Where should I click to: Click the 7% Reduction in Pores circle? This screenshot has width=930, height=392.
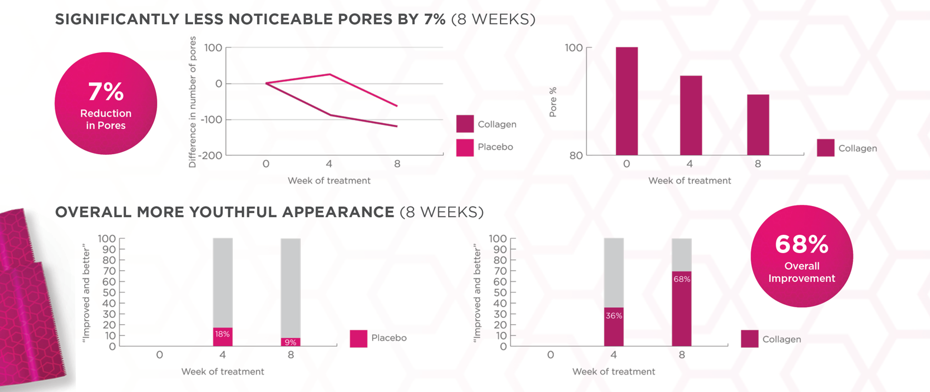coord(106,104)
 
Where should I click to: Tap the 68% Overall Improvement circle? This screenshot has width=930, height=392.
coord(802,256)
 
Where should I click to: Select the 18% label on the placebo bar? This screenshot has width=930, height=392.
coord(222,334)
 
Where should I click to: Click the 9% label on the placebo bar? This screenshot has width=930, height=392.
coord(291,343)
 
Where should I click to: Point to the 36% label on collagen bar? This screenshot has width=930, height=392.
coord(614,316)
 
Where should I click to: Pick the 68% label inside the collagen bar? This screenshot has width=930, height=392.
coord(682,280)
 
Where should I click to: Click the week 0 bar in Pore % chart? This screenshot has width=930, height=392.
coord(626,101)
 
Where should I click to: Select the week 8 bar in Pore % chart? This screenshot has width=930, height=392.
coord(758,125)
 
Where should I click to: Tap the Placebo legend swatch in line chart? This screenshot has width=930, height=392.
coord(465,147)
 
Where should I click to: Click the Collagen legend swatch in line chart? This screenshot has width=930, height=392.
coord(465,124)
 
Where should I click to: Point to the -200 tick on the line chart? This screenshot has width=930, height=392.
coord(211,156)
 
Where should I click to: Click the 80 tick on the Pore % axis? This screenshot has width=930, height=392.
coord(575,156)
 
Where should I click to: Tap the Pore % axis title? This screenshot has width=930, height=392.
coord(553,102)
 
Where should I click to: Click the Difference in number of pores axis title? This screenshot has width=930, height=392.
coord(192,102)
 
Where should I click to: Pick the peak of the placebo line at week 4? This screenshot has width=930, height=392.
coord(329,74)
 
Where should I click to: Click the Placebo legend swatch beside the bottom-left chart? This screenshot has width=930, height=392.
coord(358,338)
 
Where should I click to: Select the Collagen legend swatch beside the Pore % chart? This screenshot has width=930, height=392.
coord(825,148)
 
